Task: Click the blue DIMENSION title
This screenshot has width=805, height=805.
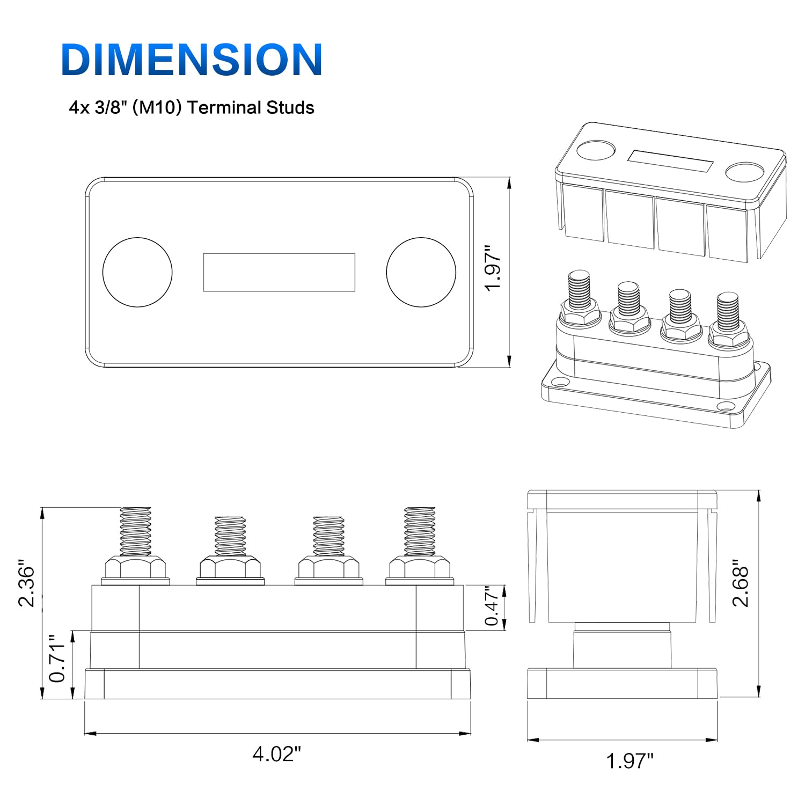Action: (192, 59)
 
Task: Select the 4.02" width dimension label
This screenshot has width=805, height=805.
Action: (276, 754)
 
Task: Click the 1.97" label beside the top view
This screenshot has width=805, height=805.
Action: (493, 268)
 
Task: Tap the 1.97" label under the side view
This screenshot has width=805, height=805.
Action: (630, 761)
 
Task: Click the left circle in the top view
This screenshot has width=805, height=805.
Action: (137, 272)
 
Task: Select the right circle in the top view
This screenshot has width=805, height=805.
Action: (421, 272)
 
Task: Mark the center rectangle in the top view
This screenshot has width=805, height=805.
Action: (279, 272)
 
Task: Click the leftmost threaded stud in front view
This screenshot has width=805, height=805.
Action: (135, 531)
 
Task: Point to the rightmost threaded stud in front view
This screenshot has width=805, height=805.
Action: (420, 531)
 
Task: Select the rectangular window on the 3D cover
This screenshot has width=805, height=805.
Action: (670, 161)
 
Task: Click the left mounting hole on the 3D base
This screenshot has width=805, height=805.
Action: (560, 383)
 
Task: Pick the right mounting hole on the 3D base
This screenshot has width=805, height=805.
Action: (725, 406)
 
